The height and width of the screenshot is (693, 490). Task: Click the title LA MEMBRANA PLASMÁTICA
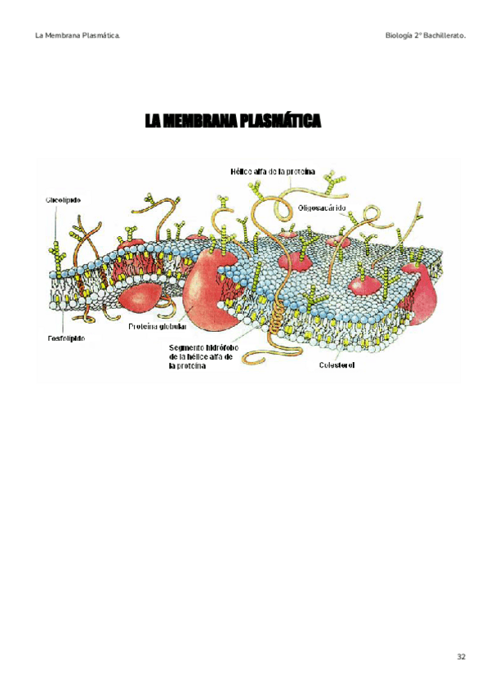(x=234, y=122)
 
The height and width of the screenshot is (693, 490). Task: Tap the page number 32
(x=461, y=657)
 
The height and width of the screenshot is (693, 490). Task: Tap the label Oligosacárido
(x=323, y=208)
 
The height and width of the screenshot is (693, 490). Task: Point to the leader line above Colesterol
(x=341, y=343)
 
